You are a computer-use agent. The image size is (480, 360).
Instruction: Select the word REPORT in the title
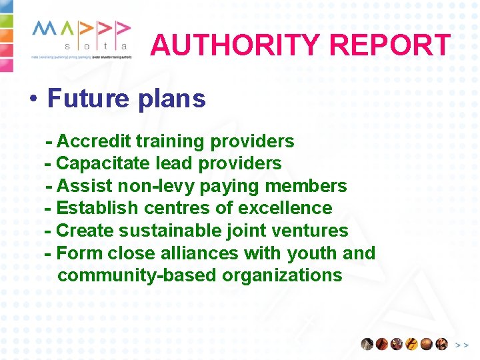click(390, 45)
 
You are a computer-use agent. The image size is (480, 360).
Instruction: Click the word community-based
click(137, 275)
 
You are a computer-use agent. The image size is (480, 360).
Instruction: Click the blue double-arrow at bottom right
click(461, 345)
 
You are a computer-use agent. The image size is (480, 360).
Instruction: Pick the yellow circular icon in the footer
click(412, 344)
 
